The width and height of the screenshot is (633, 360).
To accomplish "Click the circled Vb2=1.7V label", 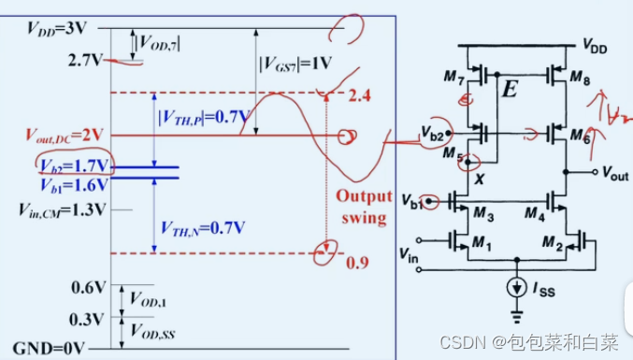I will point(74,166).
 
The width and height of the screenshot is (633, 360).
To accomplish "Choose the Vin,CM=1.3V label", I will point(63,209).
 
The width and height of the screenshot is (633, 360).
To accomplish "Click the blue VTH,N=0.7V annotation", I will point(199,226).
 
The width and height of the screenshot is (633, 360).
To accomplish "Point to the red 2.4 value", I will point(359,95).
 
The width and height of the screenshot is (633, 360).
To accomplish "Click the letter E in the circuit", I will point(510,91).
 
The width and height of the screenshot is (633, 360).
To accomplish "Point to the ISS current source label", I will point(546,291).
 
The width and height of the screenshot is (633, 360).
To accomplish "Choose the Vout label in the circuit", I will point(613,174).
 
